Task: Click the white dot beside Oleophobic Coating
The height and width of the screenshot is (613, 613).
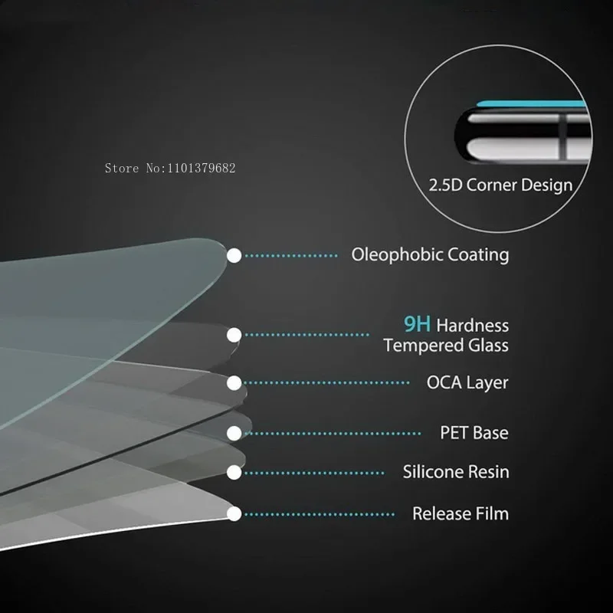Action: (234, 255)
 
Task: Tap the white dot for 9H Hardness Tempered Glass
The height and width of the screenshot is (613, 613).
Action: (234, 334)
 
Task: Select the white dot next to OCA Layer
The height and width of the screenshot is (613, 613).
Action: (234, 382)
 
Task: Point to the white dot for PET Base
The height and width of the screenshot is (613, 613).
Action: (234, 433)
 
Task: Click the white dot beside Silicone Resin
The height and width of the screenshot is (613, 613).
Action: (234, 472)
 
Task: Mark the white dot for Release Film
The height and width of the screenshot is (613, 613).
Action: (234, 513)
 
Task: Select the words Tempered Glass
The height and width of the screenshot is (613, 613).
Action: (446, 346)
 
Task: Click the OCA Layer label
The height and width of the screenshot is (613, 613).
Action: (467, 382)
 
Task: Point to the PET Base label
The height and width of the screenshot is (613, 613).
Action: (474, 433)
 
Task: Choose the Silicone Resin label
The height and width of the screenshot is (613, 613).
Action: (456, 472)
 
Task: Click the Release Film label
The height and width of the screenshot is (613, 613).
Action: (461, 513)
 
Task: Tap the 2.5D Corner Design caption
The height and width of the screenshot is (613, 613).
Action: (500, 185)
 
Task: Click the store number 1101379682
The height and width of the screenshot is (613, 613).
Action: (200, 168)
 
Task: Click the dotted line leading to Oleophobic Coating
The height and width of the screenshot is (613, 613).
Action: (291, 256)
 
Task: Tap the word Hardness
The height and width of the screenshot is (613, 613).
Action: (473, 326)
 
